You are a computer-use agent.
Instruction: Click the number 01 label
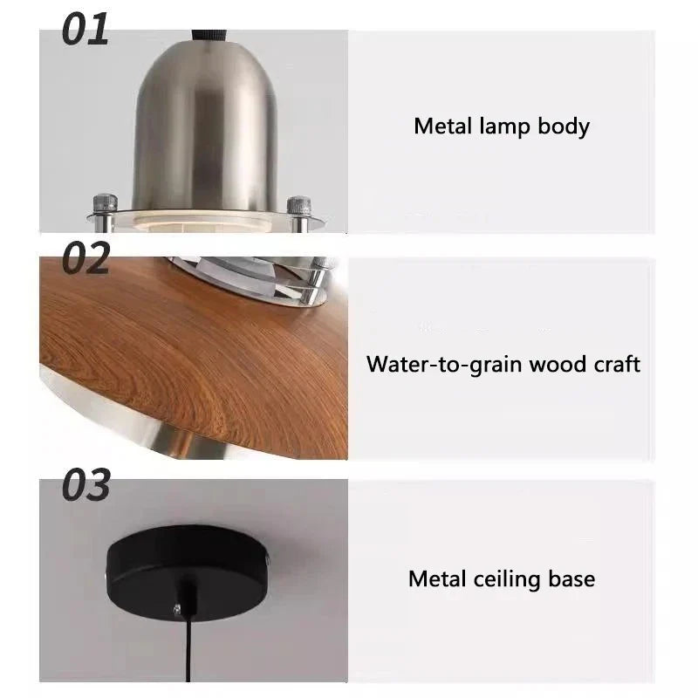coord(85,29)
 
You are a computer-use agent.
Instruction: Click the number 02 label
coord(86,257)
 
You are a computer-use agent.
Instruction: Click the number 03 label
coord(86,485)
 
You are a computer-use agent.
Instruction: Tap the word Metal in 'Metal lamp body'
coord(442,126)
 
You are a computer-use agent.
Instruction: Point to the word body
coord(564,127)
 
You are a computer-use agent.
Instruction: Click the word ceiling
coord(507,580)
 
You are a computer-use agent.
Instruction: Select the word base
coord(571,579)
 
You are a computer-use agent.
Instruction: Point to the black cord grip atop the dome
coord(209,36)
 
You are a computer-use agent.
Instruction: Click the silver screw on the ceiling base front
coord(177,608)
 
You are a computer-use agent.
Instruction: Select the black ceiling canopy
coord(188,571)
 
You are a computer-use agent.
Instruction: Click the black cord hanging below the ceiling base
coord(188,649)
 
